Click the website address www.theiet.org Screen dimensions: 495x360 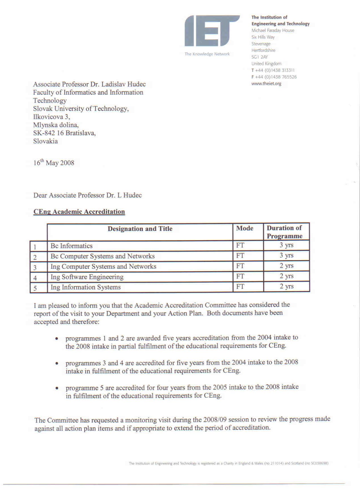point(266,84)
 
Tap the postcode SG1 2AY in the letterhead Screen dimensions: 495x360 point(259,57)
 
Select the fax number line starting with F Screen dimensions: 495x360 point(274,77)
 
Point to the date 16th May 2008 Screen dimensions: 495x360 point(54,163)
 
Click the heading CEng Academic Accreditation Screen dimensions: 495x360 point(79,212)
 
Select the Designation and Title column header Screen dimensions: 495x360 point(140,229)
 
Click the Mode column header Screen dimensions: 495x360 point(245,228)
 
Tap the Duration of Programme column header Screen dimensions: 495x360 point(284,232)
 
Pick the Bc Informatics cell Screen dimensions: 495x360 point(71,246)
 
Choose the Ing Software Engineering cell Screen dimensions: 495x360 point(87,277)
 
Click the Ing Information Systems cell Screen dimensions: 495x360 point(86,287)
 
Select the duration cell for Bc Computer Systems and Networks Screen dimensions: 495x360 point(286,255)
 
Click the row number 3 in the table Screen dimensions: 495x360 point(35,267)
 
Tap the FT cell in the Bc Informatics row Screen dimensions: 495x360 point(240,245)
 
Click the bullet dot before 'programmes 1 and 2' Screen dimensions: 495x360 point(57,338)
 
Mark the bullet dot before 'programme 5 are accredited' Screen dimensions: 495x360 point(57,388)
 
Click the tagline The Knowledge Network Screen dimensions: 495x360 point(207,54)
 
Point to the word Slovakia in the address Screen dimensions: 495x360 point(45,141)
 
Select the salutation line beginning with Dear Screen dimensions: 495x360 point(88,195)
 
